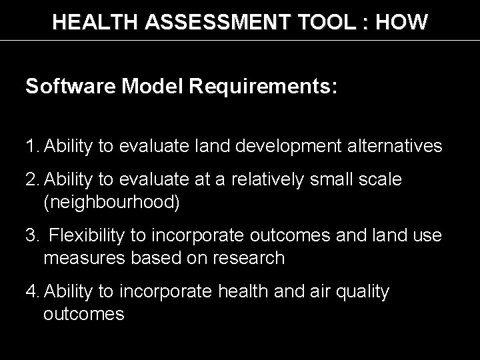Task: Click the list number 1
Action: tap(30, 145)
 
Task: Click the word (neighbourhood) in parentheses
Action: tap(111, 203)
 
